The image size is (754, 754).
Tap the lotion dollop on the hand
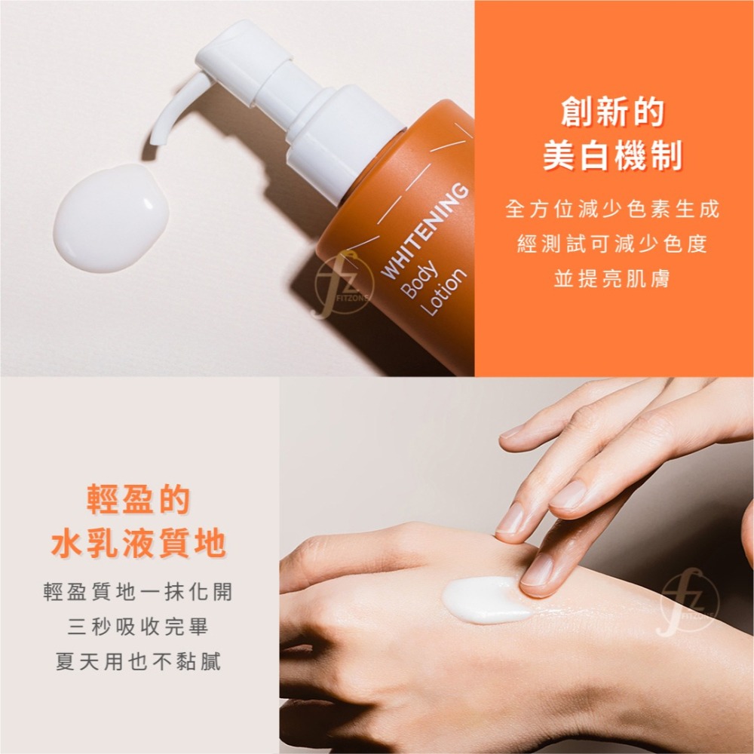coord(483,599)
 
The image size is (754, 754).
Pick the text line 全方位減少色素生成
coord(613,209)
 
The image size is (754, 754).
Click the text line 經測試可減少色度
coord(613,244)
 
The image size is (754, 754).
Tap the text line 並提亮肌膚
coord(613,280)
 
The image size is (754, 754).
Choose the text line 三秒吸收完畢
coord(139,627)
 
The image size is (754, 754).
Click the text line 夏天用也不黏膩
coord(139,663)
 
